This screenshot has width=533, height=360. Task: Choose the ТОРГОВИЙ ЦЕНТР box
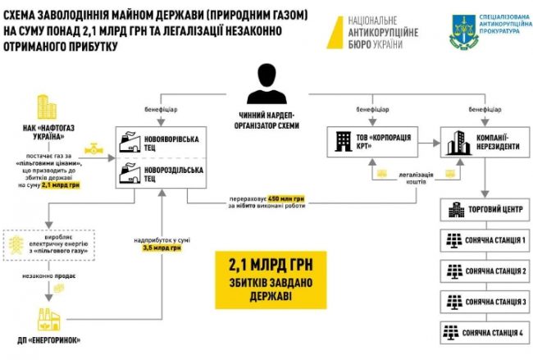pos(478,212)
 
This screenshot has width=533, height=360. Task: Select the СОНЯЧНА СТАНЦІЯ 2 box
pos(478,271)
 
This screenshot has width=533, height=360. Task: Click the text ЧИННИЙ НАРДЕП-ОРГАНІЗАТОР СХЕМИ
pos(266,121)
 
